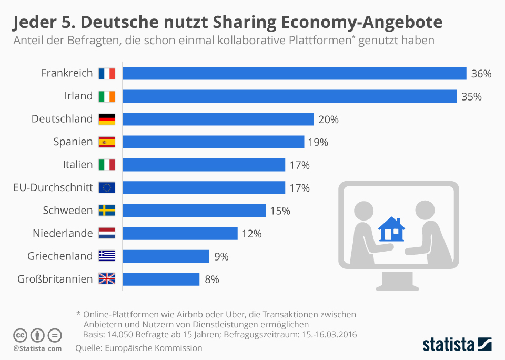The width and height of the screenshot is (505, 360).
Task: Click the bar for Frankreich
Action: pyautogui.click(x=295, y=73)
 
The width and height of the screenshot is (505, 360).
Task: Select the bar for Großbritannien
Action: pyautogui.click(x=161, y=279)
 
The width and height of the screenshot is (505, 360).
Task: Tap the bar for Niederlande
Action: pyautogui.click(x=180, y=233)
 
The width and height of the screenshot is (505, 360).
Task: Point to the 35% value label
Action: pyautogui.click(x=471, y=96)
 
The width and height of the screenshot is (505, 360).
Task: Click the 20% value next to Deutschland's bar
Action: pyautogui.click(x=328, y=119)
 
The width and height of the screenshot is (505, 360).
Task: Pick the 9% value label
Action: pyautogui.click(x=221, y=256)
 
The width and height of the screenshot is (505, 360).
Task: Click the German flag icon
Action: pyautogui.click(x=107, y=119)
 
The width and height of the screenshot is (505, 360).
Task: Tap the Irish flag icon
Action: pyautogui.click(x=107, y=96)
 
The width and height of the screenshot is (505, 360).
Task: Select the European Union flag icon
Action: pyautogui.click(x=107, y=188)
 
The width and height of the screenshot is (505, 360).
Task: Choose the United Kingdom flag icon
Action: pyautogui.click(x=107, y=279)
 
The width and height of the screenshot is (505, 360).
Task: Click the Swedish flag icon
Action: pyautogui.click(x=107, y=211)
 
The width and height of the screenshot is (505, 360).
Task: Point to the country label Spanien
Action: pyautogui.click(x=73, y=142)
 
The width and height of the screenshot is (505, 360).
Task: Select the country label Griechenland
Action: pyautogui.click(x=60, y=256)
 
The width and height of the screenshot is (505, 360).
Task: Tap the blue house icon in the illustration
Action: pyautogui.click(x=392, y=229)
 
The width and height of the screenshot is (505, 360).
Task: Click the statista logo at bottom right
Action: pyautogui.click(x=457, y=345)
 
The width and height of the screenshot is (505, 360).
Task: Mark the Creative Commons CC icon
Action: pyautogui.click(x=20, y=335)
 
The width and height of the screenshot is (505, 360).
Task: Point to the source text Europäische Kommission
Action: pyautogui.click(x=154, y=348)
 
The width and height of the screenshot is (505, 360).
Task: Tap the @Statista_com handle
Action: pyautogui.click(x=37, y=348)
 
